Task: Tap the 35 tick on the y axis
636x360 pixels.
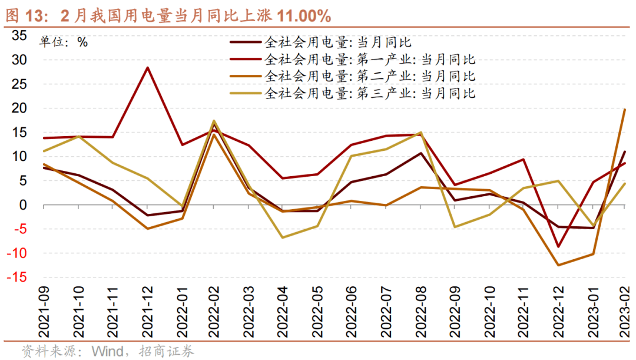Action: coord(19,36)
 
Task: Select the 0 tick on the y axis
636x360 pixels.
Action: coord(23,205)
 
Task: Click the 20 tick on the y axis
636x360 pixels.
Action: coord(19,108)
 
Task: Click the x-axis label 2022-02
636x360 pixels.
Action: coord(215,312)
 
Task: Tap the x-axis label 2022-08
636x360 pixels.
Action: coord(420,312)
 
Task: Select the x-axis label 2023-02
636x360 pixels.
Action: coord(624,312)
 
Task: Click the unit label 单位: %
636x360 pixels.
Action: coord(63,42)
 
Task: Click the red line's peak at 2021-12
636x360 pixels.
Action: coord(147,67)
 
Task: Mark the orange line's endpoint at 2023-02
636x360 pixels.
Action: coord(624,110)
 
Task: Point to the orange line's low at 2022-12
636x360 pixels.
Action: coord(556,265)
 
